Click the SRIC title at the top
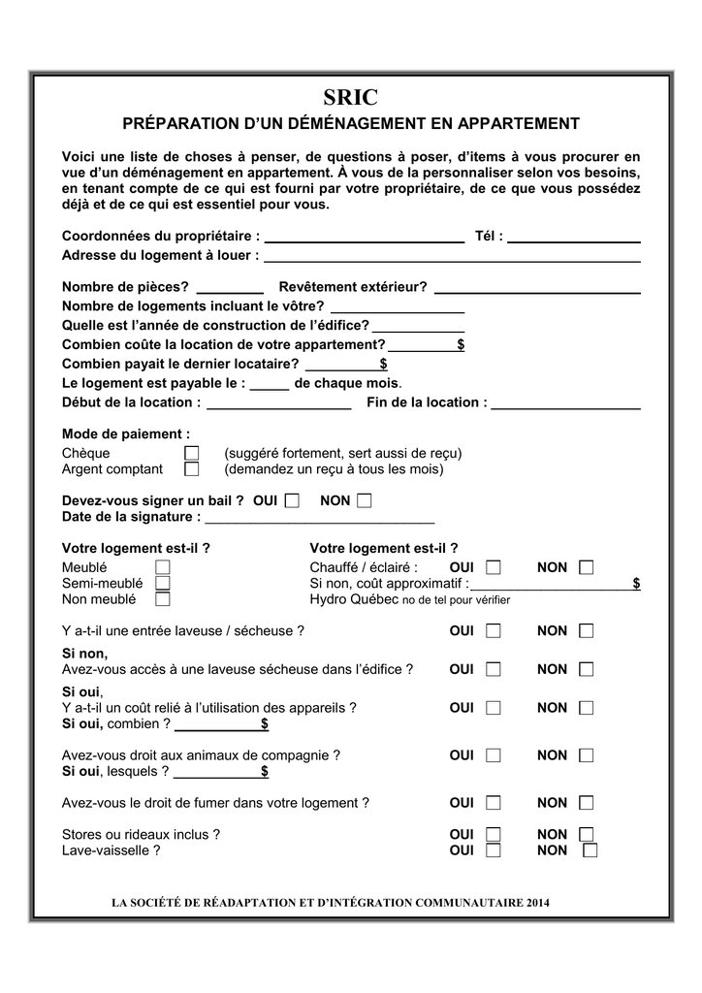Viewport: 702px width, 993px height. pyautogui.click(x=350, y=97)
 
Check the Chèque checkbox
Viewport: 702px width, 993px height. pyautogui.click(x=191, y=454)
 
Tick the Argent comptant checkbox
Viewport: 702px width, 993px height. pyautogui.click(x=191, y=469)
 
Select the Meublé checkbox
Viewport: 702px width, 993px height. pyautogui.click(x=162, y=567)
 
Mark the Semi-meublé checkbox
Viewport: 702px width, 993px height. pyautogui.click(x=162, y=583)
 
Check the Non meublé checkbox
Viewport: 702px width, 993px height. pyautogui.click(x=162, y=599)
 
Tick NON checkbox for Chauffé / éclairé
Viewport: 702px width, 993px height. pyautogui.click(x=586, y=567)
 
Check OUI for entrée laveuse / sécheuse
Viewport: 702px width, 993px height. pyautogui.click(x=494, y=631)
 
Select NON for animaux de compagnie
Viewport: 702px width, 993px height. pyautogui.click(x=586, y=755)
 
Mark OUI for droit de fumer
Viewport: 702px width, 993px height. pyautogui.click(x=494, y=803)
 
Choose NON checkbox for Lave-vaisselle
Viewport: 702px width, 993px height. pyautogui.click(x=590, y=850)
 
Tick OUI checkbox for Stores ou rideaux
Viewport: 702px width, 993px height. pyautogui.click(x=494, y=834)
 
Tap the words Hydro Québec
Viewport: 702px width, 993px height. pyautogui.click(x=354, y=599)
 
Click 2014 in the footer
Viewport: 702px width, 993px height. pyautogui.click(x=539, y=904)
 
